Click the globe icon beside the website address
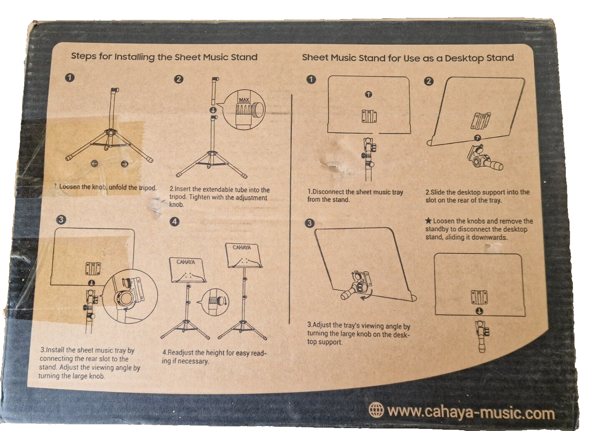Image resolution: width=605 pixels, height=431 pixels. coord(376,410)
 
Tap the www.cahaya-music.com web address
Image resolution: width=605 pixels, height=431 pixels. coord(471,413)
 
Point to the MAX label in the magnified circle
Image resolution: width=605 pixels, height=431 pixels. coord(244,100)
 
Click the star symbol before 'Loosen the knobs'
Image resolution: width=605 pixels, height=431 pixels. coord(428,221)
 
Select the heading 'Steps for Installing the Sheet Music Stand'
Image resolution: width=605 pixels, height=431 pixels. coord(164,57)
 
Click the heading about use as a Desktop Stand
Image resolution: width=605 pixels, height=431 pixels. coord(408,58)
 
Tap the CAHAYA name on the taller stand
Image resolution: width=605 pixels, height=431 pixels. coord(242,247)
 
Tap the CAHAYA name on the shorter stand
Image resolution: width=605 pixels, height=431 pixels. coord(185,262)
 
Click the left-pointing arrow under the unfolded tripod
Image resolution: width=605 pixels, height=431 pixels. coord(95,164)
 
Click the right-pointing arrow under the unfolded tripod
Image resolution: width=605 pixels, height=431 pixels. coord(124,164)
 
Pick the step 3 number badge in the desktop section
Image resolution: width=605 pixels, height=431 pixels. coord(309,223)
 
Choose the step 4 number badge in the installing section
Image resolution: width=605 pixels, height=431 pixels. coord(175,222)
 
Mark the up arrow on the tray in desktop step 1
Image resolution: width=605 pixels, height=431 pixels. coord(368,95)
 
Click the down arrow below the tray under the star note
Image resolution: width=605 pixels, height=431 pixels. coord(479,311)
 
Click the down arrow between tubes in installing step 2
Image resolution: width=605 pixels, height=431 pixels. coord(213,110)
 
